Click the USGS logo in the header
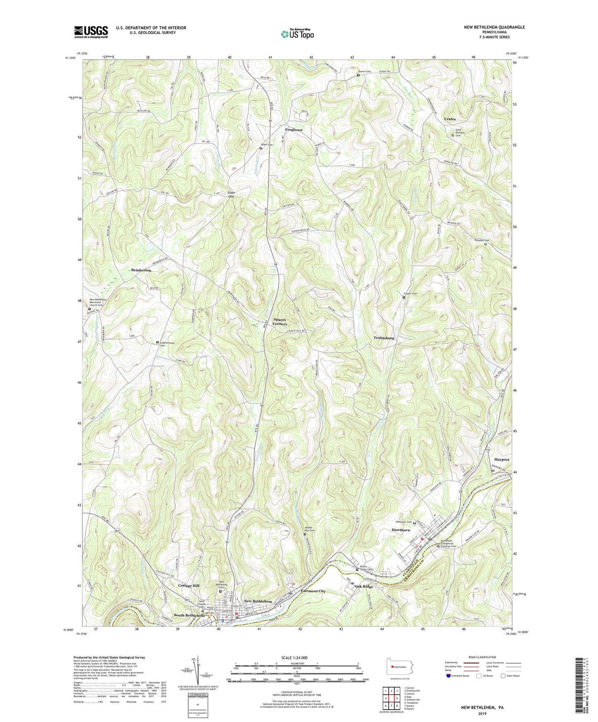tap(91, 31)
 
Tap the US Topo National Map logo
tap(297, 34)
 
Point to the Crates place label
tap(450, 119)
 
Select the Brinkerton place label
tap(141, 270)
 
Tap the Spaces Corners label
tap(280, 322)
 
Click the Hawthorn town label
tap(401, 530)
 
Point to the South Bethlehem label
tap(189, 615)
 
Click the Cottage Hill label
tap(189, 586)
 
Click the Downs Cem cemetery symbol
tap(358, 75)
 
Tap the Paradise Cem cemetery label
tap(482, 240)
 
